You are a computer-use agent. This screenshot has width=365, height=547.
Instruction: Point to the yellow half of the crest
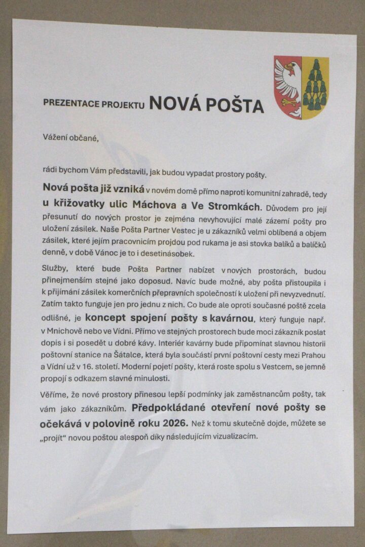[x=315, y=87]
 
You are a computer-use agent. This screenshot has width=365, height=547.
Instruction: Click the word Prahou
[x=317, y=366]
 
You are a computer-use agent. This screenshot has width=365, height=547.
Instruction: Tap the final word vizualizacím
[x=234, y=435]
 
